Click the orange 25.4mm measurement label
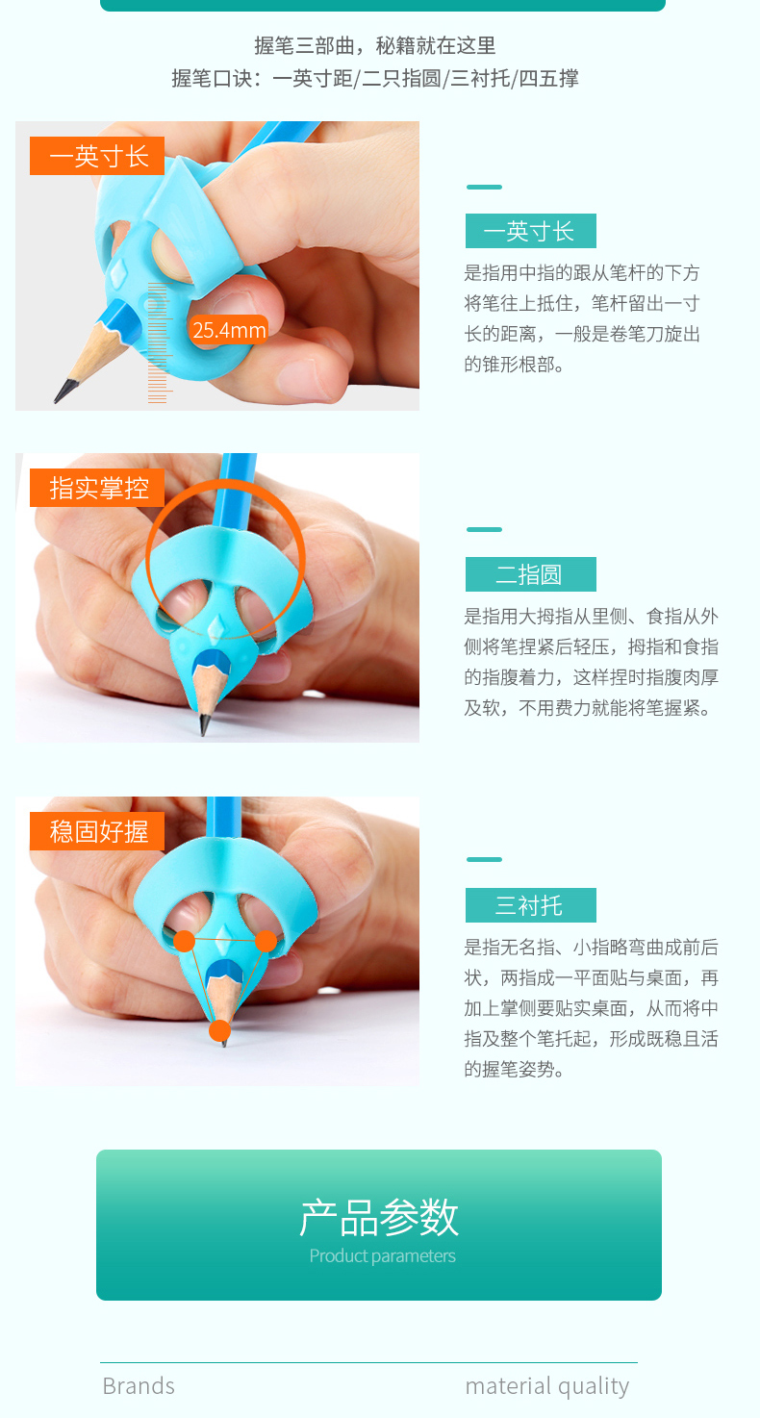(x=228, y=330)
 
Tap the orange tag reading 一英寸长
(x=97, y=156)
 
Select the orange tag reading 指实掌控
(x=97, y=488)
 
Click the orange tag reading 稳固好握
(x=97, y=831)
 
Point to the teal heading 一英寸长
(x=531, y=231)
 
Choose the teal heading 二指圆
(x=531, y=574)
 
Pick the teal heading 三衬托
(x=531, y=905)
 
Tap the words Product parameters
(x=382, y=1256)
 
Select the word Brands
(x=139, y=1385)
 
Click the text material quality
(x=547, y=1386)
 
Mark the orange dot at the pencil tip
(x=219, y=1030)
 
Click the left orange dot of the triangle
(x=184, y=941)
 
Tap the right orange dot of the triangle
(x=266, y=941)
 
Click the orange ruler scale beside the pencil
(x=158, y=342)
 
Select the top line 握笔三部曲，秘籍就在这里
(x=374, y=45)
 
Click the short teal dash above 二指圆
(x=484, y=529)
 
